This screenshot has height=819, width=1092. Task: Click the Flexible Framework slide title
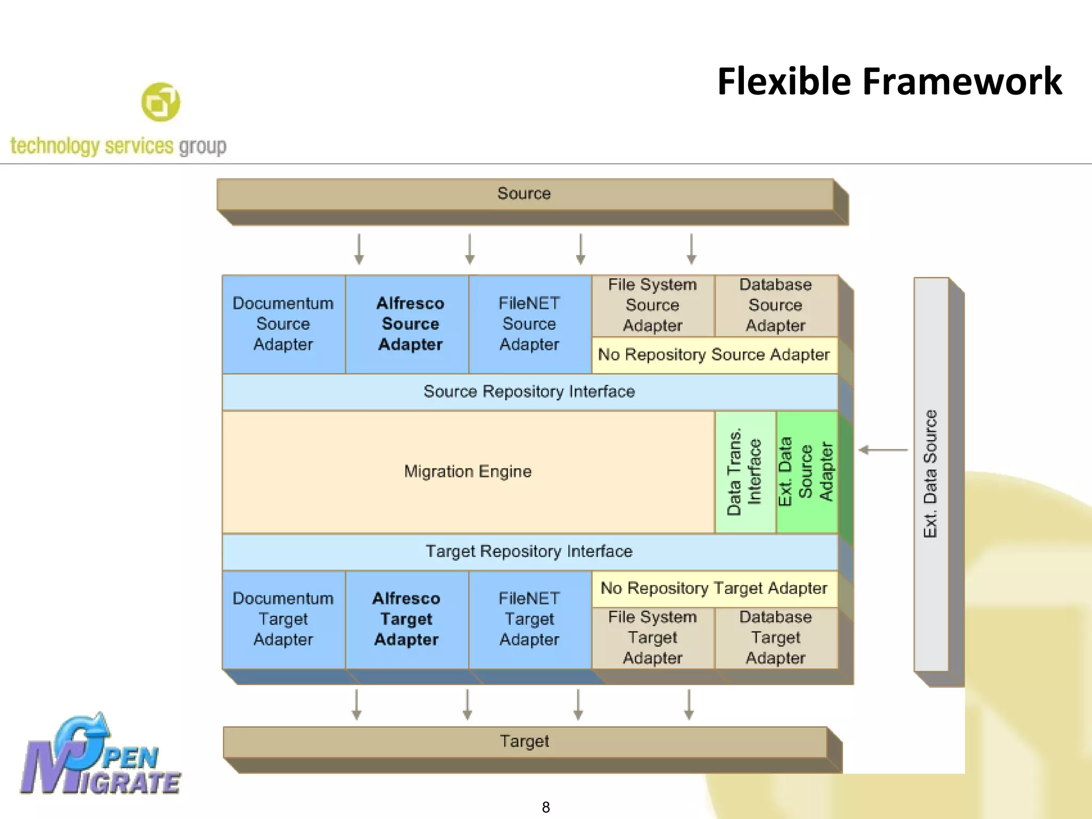889,82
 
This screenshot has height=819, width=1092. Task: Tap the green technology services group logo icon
160,102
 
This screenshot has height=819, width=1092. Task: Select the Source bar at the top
525,194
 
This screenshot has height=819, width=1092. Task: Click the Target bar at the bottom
525,741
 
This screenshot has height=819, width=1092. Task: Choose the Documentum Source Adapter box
283,324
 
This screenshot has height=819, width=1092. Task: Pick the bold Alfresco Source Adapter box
409,324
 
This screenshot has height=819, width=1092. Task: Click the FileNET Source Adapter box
529,324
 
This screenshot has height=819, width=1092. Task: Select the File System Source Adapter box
653,305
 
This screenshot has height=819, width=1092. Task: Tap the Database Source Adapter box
776,305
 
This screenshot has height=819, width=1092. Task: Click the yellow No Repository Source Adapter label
714,355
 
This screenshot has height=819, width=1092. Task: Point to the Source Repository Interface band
529,391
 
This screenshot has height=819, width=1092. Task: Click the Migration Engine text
468,471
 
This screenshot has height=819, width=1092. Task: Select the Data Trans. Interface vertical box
744,472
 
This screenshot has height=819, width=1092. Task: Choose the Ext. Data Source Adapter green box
806,472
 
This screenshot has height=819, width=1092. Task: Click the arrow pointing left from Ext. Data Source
883,450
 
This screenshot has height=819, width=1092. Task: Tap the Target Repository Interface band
529,551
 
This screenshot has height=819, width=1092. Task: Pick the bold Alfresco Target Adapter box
406,619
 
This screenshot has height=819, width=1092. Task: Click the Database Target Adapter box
776,638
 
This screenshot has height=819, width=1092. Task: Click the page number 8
545,807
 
